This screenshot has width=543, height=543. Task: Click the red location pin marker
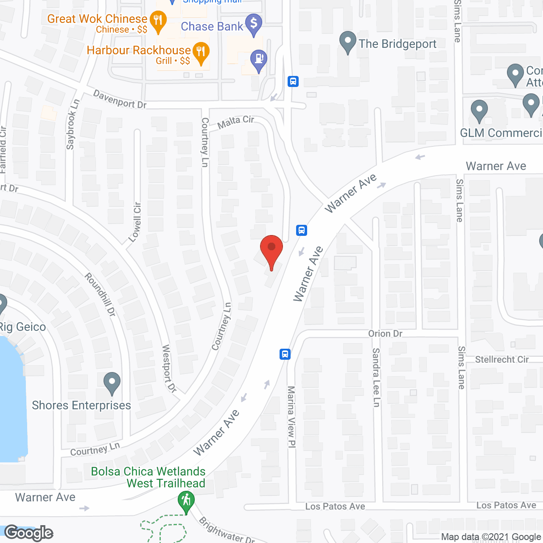pyautogui.click(x=271, y=250)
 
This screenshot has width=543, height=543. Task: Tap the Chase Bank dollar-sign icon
pyautogui.click(x=254, y=24)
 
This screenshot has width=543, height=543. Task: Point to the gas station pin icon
pyautogui.click(x=258, y=60)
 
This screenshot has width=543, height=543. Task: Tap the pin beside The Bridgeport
pyautogui.click(x=348, y=42)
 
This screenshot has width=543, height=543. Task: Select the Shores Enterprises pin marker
pyautogui.click(x=112, y=382)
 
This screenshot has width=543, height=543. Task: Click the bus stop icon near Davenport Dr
pyautogui.click(x=293, y=81)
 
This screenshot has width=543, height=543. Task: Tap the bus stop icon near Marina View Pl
pyautogui.click(x=285, y=354)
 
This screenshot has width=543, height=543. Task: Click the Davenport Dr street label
pyautogui.click(x=120, y=99)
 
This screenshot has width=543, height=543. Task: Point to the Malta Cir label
pyautogui.click(x=235, y=122)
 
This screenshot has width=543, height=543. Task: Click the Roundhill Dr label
pyautogui.click(x=100, y=294)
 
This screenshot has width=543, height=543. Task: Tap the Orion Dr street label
pyautogui.click(x=385, y=333)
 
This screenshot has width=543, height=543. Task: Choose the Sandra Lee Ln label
pyautogui.click(x=376, y=377)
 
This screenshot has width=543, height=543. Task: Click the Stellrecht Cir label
pyautogui.click(x=502, y=359)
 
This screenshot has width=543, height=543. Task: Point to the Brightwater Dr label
pyautogui.click(x=227, y=530)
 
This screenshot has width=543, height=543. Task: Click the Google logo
pyautogui.click(x=29, y=533)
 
